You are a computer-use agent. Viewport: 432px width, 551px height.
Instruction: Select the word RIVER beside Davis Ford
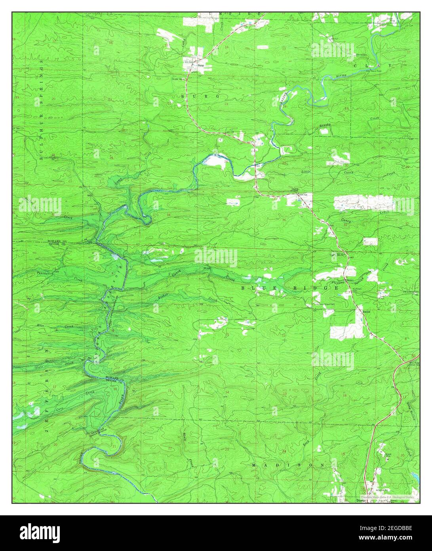(x=341, y=75)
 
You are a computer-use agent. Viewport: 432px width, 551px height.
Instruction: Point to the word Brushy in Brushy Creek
(x=324, y=126)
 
